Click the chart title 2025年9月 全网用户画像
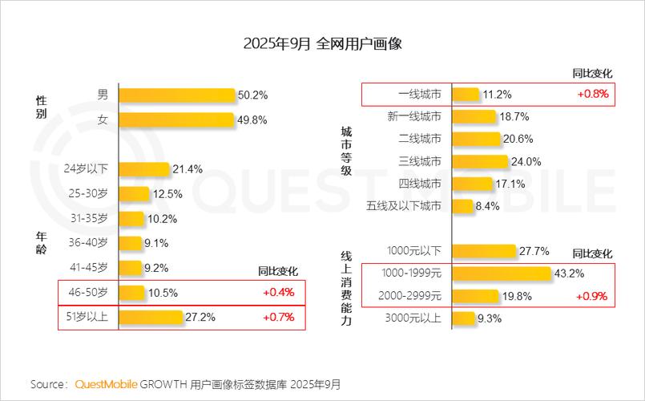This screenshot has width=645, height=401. coord(322,43)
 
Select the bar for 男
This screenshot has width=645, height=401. coord(177,95)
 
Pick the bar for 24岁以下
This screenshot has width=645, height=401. coord(144,168)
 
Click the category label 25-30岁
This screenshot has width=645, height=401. coord(88,193)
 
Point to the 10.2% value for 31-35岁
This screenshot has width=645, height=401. coord(162,218)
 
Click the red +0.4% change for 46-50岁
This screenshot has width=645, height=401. coord(278,292)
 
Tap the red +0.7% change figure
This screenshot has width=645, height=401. coord(278,317)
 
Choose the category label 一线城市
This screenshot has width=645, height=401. coord(420,94)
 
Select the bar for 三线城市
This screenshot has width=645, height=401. coord(480,161)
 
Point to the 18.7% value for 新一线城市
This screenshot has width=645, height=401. coord(514,116)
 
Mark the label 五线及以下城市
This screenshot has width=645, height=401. coord(403,206)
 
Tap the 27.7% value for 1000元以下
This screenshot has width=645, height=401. coord(534,251)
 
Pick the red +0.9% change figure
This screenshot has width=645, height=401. coord(591,296)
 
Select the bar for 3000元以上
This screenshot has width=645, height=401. coord(462,318)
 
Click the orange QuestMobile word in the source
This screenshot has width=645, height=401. coord(106,384)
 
